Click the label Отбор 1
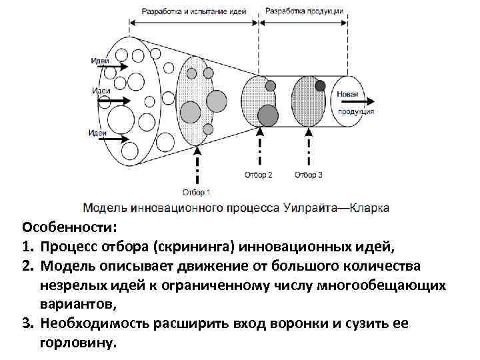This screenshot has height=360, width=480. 196,193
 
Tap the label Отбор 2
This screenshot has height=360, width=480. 259,175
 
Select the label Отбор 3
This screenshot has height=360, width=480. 309,175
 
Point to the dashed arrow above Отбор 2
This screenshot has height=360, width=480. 259,151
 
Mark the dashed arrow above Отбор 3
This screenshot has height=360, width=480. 309,151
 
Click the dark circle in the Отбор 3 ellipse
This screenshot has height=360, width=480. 320,85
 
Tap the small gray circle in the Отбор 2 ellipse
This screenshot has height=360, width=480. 270,86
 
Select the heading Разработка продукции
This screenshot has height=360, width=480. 304,11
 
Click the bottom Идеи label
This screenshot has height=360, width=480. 97,132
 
